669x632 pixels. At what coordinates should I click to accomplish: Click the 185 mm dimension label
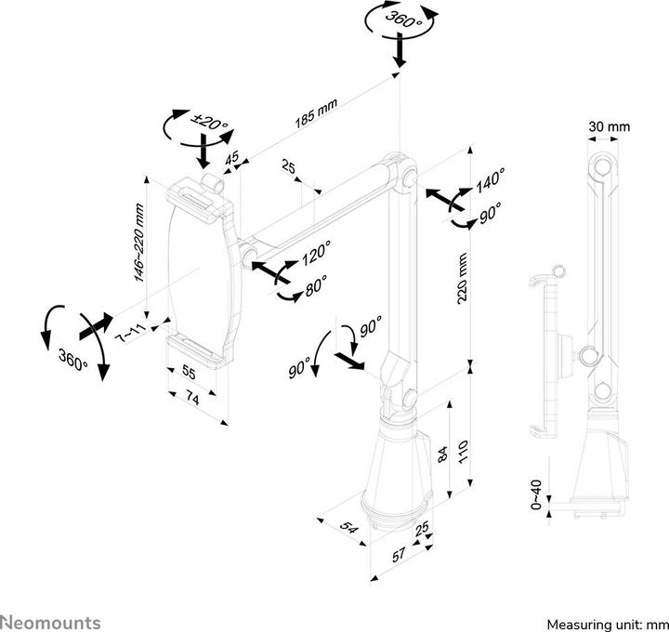click(316, 112)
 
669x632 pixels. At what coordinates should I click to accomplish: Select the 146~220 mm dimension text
click(138, 243)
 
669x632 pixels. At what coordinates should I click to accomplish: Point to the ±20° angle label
click(207, 122)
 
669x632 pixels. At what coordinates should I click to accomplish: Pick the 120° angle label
click(315, 253)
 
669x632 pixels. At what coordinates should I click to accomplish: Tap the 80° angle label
click(315, 288)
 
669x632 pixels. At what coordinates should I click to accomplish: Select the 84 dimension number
click(443, 453)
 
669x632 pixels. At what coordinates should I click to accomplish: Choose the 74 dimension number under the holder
click(192, 398)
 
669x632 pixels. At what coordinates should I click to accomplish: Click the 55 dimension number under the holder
click(187, 373)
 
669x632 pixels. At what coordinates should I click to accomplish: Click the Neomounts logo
click(50, 621)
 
